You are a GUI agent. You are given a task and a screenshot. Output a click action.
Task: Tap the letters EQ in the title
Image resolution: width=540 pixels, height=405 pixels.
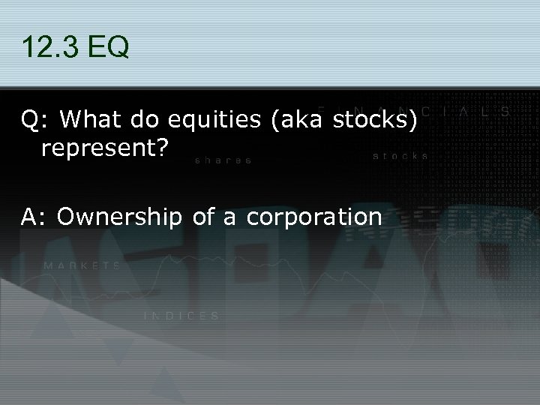(x=109, y=49)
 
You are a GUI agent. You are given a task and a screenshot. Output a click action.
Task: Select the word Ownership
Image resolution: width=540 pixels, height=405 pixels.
(x=118, y=217)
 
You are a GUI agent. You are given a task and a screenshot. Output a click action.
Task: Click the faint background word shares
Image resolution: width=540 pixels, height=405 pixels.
(x=223, y=160)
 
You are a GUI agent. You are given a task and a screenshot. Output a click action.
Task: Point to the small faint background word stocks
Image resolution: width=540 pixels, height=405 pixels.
(x=400, y=157)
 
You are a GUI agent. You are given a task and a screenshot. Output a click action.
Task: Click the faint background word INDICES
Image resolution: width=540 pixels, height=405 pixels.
(x=181, y=316)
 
